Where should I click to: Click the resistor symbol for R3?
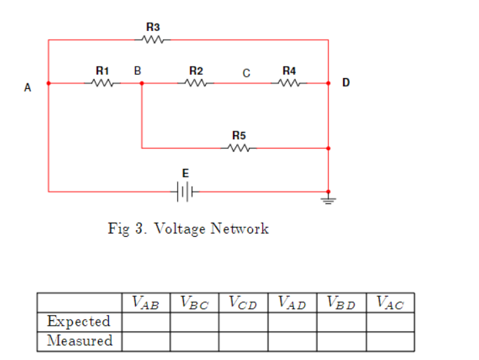(153, 40)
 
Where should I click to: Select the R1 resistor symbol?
(102, 83)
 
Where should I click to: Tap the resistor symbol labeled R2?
(196, 83)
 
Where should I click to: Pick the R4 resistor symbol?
(289, 83)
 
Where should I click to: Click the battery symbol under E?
(186, 192)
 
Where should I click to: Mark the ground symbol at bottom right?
(328, 199)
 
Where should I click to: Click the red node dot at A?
(48, 83)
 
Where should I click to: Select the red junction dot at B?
(141, 83)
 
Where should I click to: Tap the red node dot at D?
(328, 83)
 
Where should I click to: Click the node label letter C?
(246, 71)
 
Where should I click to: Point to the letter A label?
(28, 87)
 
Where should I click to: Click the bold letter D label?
(346, 83)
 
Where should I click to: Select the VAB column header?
(145, 303)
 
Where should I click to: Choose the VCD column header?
(243, 303)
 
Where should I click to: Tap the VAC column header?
(390, 303)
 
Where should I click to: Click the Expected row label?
(79, 322)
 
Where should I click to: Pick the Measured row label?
(79, 340)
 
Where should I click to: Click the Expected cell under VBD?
(340, 322)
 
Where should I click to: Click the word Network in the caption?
(239, 229)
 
